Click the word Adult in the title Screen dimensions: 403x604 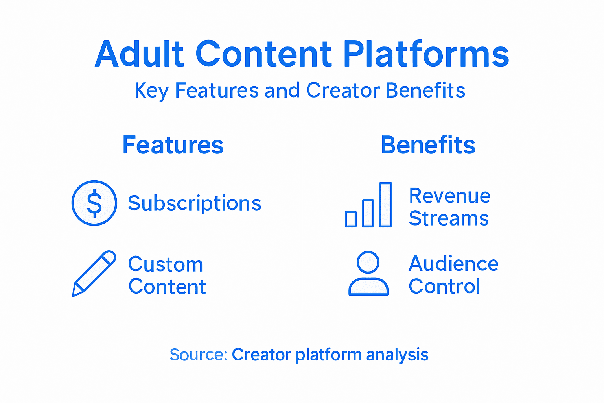139,54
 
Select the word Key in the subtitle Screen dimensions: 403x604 151,91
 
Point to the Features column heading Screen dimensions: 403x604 173,145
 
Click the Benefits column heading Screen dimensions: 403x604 428,145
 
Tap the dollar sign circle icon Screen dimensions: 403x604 94,203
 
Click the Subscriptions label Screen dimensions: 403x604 195,203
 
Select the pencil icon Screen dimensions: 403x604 94,273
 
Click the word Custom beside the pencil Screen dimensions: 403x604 166,264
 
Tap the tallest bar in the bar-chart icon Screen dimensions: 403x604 385,205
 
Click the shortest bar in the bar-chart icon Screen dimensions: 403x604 351,219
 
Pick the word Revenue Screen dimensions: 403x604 449,196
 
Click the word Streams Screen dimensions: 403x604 449,218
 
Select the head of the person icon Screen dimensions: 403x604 368,262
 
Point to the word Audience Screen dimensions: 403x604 453,264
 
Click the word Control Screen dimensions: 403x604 444,287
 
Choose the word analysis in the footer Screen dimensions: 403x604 397,355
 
